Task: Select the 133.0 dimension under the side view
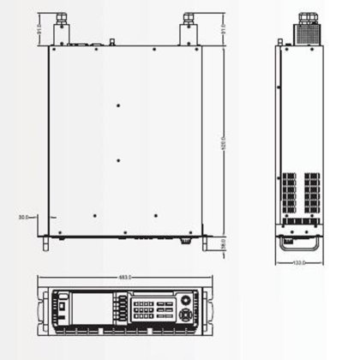pyautogui.click(x=300, y=261)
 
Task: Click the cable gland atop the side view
pyautogui.click(x=305, y=20)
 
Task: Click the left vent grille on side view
pyautogui.click(x=289, y=192)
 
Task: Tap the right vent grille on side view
pyautogui.click(x=312, y=192)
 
